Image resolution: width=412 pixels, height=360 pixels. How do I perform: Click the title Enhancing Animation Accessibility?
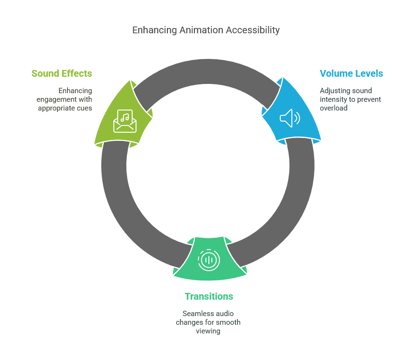tap(206, 30)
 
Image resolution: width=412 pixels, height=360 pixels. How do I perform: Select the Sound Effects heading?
tap(62, 73)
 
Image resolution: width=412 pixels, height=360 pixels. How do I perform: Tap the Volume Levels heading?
tap(351, 73)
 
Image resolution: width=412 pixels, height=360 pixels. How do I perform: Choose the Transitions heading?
tap(209, 296)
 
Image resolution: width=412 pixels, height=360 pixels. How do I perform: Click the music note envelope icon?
tap(125, 121)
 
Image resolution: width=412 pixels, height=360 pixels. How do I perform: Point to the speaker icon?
tap(290, 118)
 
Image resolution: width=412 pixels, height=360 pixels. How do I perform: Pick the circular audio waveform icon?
tap(208, 260)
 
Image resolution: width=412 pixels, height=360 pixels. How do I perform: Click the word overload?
tap(334, 108)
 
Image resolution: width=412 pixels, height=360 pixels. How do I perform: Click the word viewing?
tap(208, 331)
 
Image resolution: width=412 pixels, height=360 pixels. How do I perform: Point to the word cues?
tap(84, 108)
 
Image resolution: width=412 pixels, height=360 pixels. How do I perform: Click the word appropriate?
tap(57, 108)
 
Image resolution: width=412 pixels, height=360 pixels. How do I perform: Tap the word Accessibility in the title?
tap(253, 30)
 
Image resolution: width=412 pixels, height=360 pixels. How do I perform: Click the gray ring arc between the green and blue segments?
tap(207, 71)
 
